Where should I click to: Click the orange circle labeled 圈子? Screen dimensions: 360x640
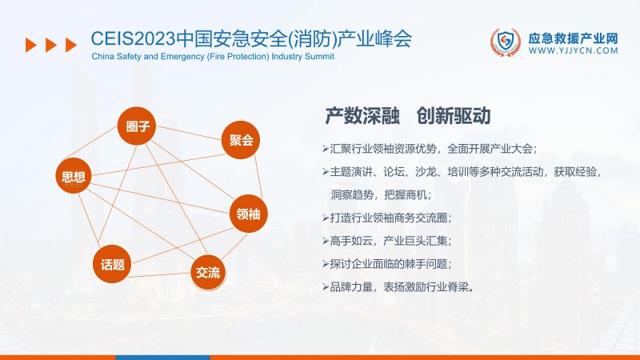138,126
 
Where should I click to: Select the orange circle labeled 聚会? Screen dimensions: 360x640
241,140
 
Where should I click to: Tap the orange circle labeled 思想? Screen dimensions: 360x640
74,177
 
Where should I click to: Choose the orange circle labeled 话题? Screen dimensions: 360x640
113,264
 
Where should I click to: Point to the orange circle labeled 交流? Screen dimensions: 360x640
208,272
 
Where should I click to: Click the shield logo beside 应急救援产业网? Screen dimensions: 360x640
505,43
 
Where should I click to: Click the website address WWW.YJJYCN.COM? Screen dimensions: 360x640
573,50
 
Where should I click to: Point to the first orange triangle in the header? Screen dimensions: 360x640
31,45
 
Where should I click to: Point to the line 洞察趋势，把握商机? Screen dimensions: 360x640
381,194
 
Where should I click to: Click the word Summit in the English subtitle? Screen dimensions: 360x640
317,58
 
